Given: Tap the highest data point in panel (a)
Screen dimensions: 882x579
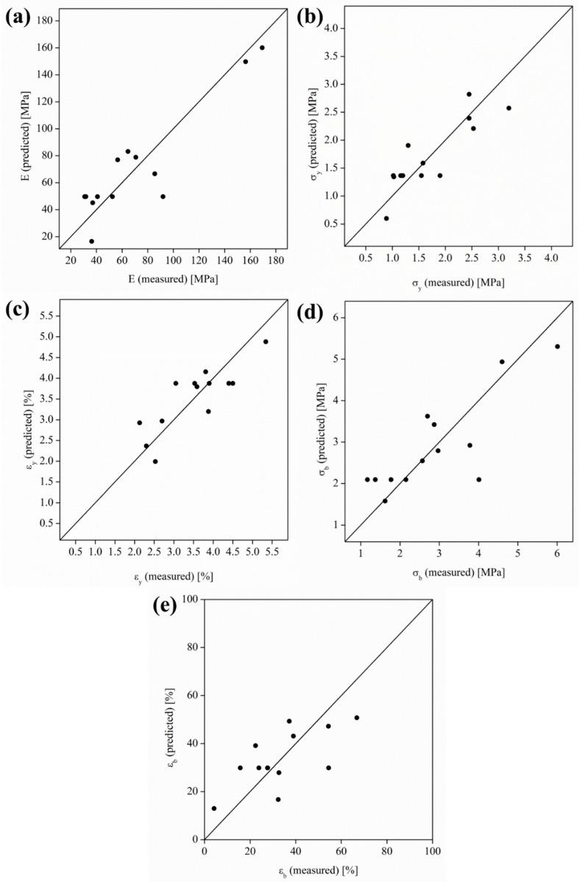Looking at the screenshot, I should pyautogui.click(x=262, y=48).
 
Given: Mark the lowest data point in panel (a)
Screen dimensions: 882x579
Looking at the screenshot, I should pyautogui.click(x=91, y=241).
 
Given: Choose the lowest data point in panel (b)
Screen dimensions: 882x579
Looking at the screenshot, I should pyautogui.click(x=386, y=218).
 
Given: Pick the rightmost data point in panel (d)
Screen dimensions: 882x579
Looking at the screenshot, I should pyautogui.click(x=558, y=346).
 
